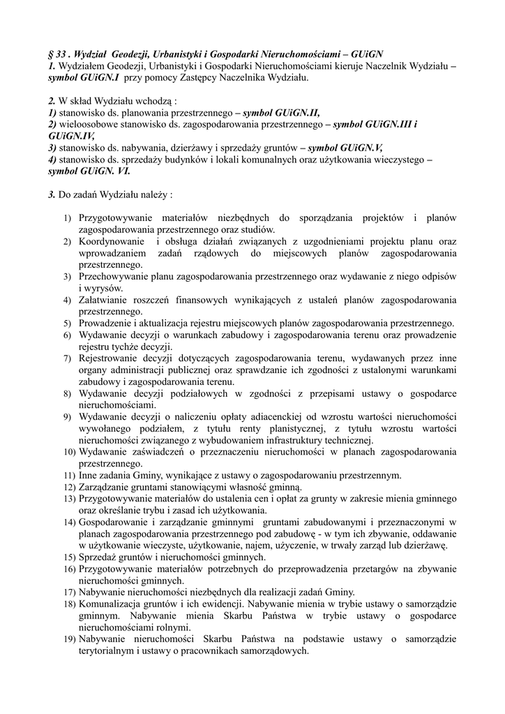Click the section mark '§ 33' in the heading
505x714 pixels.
[56, 54]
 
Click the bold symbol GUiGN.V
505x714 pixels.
[346, 148]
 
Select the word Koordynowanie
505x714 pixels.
[112, 241]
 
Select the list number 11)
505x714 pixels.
[69, 476]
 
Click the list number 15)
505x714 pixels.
[69, 558]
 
